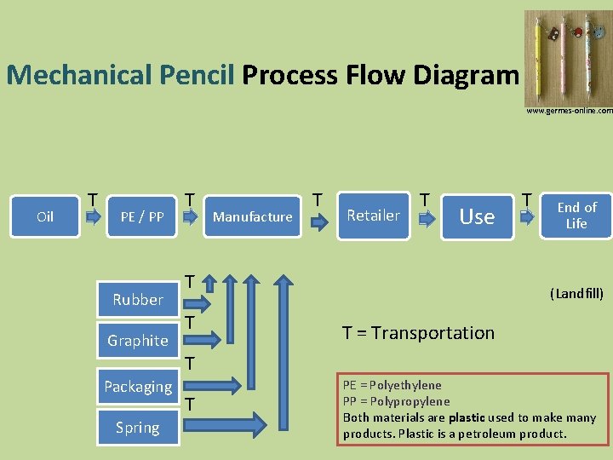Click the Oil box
pos(45,216)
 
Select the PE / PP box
pos(142,216)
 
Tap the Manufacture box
pos(252,216)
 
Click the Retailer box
pos(373,216)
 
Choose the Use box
pos(477,216)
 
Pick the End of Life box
pos(576,216)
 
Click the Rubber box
pos(137,299)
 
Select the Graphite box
pos(137,340)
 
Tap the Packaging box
pos(137,386)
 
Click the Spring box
pos(137,427)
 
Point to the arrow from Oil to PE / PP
pos(92,223)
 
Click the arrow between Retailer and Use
pos(425,222)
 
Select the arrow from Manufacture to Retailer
pos(318,223)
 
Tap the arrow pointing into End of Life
pos(528,223)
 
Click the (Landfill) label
pos(576,294)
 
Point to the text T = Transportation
pos(418,333)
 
